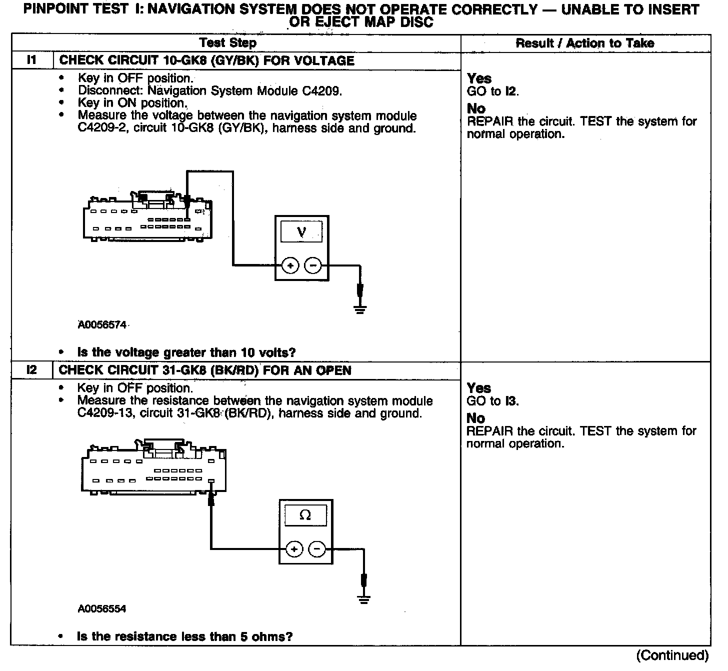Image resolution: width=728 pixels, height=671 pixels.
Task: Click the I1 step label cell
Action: tap(31, 60)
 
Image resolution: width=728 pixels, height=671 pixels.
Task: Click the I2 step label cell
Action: tap(31, 370)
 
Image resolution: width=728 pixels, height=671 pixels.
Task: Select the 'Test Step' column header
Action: tap(227, 43)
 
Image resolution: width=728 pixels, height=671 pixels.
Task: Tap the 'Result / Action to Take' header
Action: tap(584, 43)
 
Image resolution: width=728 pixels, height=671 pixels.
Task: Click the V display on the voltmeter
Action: tap(301, 232)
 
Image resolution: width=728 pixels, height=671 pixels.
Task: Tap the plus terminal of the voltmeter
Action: tap(290, 265)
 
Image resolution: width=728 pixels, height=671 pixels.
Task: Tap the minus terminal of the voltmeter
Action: tap(313, 265)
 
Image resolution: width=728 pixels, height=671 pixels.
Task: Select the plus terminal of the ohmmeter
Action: tap(294, 549)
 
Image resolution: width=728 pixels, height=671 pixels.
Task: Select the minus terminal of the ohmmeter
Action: tap(317, 549)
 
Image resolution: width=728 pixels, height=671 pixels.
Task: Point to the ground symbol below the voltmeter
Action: tap(359, 308)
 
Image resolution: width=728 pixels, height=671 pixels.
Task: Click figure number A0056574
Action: tap(102, 325)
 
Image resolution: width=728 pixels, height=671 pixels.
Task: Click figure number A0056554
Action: tap(102, 608)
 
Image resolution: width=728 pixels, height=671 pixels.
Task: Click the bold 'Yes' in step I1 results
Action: tap(479, 78)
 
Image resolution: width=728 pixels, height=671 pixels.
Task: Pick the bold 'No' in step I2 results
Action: tap(476, 418)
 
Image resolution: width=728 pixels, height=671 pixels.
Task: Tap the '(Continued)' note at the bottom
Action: tap(672, 655)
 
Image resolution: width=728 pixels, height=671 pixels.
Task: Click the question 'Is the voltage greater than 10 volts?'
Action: tap(186, 352)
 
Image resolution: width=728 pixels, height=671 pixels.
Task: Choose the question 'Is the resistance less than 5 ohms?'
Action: tap(184, 636)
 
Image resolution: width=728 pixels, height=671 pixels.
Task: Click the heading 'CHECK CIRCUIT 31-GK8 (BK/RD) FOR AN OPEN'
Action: tap(205, 370)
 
